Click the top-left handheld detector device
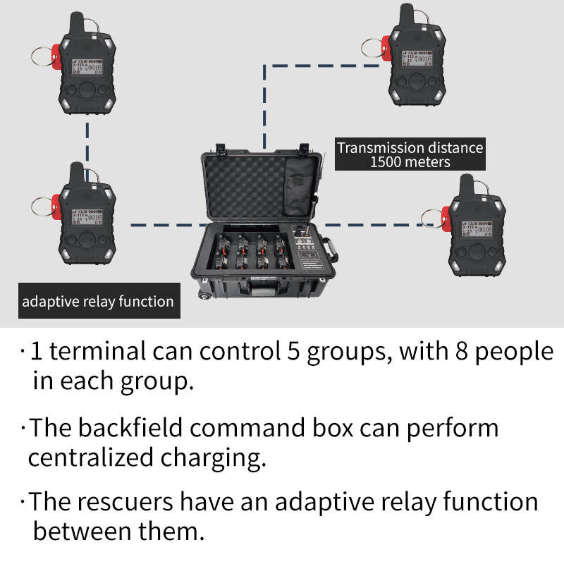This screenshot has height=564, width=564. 88,67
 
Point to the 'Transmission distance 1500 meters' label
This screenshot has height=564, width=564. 410,154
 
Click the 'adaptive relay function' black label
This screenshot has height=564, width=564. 97,302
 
